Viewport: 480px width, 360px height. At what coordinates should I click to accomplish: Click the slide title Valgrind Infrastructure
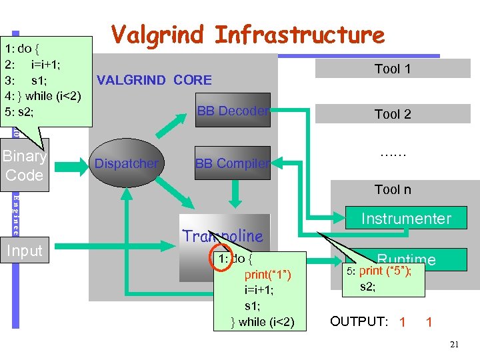[x=247, y=35]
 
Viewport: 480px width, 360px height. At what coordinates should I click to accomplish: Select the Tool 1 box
[x=393, y=69]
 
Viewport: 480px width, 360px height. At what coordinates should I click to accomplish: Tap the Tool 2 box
[x=393, y=114]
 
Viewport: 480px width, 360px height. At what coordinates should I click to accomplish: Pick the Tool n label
[x=393, y=189]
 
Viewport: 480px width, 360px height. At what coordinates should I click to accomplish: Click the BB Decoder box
[x=232, y=111]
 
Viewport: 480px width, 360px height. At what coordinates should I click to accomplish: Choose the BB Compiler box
[x=232, y=163]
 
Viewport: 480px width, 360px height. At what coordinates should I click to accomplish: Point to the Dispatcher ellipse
[x=126, y=163]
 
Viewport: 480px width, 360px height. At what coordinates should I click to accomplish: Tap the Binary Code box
[x=25, y=165]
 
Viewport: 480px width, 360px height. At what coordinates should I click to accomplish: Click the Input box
[x=25, y=251]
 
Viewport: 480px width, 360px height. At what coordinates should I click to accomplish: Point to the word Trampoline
[x=223, y=235]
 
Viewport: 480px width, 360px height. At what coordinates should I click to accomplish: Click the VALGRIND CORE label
[x=154, y=81]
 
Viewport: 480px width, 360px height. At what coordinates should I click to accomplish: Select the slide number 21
[x=455, y=345]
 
